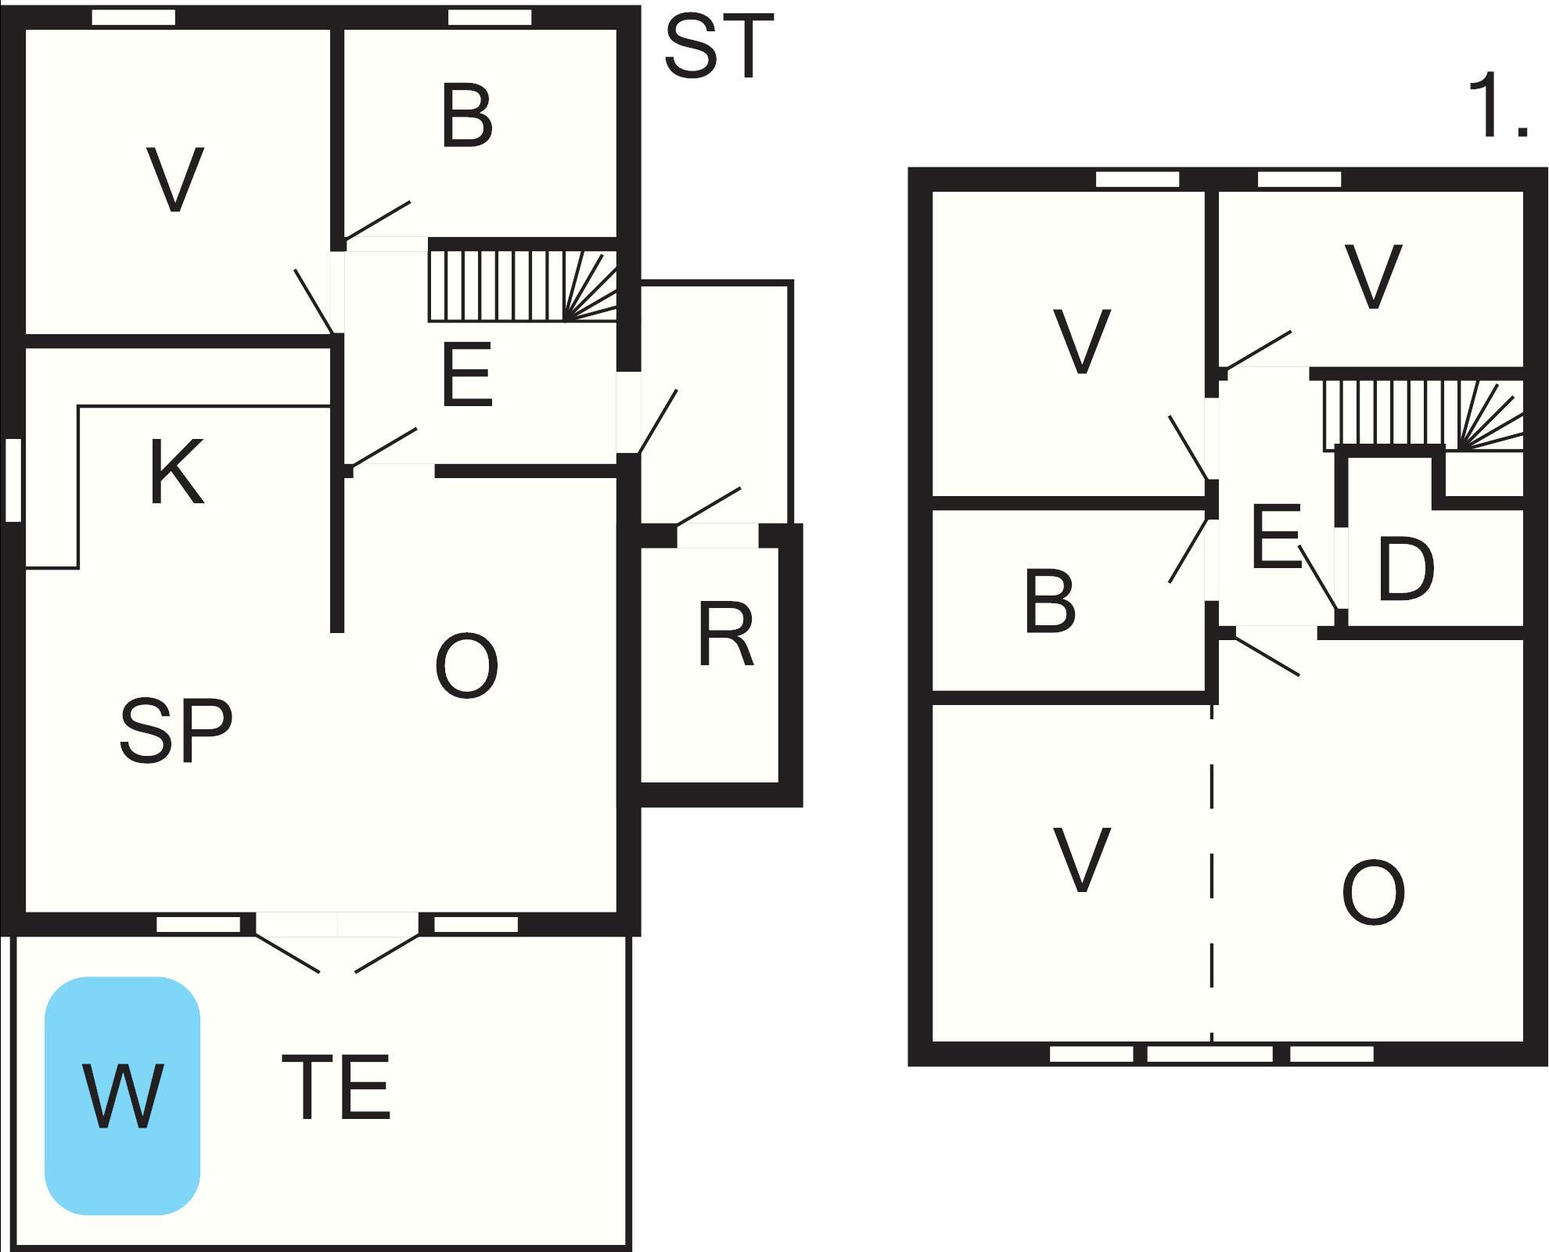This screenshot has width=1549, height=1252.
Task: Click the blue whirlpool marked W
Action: coord(123,1095)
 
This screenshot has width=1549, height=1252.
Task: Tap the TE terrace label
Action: coord(336,1088)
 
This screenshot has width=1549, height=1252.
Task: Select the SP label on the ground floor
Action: coord(176,731)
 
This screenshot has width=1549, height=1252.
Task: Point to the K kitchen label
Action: coord(176,472)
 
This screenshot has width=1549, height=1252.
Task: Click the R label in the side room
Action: coord(725,635)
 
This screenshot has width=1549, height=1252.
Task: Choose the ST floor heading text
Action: coord(718,48)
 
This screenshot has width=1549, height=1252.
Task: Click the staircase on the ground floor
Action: coord(523,286)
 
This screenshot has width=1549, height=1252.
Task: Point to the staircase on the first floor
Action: coord(1422,415)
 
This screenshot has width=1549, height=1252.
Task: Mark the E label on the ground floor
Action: coord(467,376)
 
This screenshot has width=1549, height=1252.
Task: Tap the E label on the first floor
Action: coord(1275,538)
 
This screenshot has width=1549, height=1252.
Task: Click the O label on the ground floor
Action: coord(467,667)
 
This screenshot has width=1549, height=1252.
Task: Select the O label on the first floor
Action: coord(1373,892)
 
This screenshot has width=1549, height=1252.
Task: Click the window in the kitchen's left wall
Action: coord(13,480)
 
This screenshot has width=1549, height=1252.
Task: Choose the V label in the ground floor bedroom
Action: coord(176,180)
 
